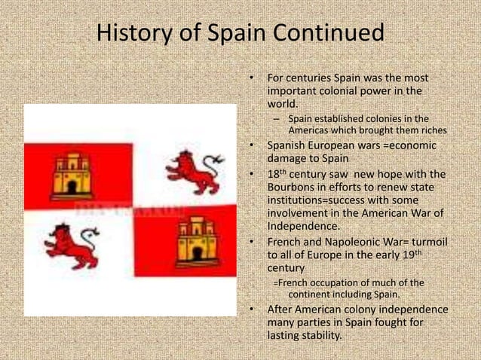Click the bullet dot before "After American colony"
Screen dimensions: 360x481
pos(252,309)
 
